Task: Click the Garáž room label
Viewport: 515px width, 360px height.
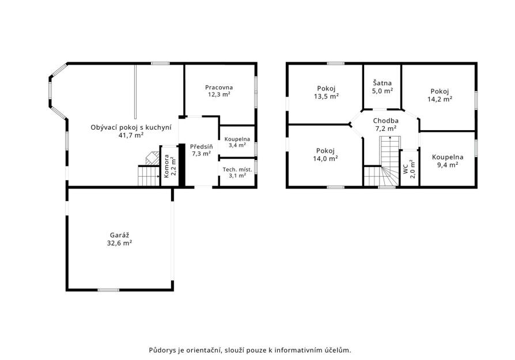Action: click(119, 235)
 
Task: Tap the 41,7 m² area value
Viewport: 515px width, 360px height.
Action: click(131, 135)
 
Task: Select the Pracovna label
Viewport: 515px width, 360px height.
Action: click(219, 88)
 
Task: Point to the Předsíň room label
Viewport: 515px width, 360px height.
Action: click(202, 146)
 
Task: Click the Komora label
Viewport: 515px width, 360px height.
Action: click(166, 166)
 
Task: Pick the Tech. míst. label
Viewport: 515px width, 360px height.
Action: click(237, 169)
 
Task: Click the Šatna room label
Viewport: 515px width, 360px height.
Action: click(383, 83)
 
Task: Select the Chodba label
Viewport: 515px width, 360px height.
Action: click(385, 121)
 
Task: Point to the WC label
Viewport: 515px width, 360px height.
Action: click(406, 169)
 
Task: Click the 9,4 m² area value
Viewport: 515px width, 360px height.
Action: click(448, 165)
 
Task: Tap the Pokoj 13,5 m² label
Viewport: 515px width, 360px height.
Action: click(326, 92)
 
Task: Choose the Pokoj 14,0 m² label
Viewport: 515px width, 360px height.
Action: click(325, 155)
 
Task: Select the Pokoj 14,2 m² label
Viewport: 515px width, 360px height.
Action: click(440, 95)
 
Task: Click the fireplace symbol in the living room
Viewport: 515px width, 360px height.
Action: click(153, 158)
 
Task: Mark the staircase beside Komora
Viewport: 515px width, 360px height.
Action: click(149, 176)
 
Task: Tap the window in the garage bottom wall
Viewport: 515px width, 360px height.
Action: click(109, 290)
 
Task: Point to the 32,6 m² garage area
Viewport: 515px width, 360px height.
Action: click(119, 243)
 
